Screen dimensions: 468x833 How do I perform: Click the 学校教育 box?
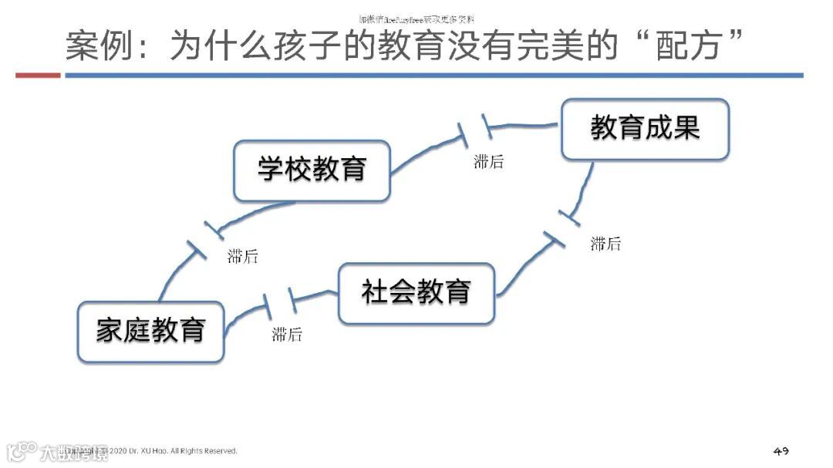click(312, 170)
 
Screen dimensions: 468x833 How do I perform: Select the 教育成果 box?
click(645, 129)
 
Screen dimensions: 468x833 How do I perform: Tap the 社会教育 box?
click(416, 293)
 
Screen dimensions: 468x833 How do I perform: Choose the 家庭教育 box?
click(150, 331)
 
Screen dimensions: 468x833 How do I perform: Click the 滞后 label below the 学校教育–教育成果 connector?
click(488, 162)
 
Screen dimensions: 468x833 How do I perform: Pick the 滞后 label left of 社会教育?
click(287, 335)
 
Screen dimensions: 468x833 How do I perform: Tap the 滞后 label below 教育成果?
click(605, 244)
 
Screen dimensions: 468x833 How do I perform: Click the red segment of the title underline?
click(38, 76)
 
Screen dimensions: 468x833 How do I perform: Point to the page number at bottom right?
click(781, 450)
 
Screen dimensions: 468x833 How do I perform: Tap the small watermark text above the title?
click(416, 19)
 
